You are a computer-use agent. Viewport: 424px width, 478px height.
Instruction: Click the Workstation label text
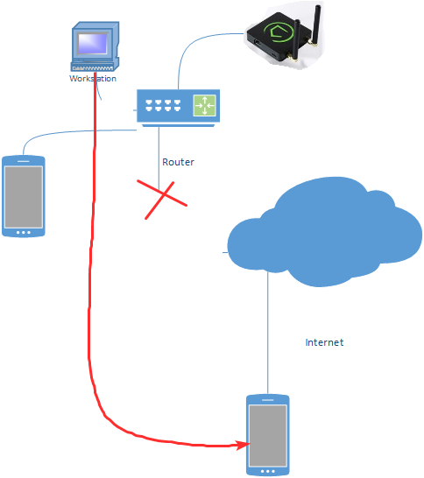(93, 79)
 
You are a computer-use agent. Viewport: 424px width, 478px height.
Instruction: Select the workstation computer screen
(93, 43)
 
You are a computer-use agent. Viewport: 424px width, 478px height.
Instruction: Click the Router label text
(178, 162)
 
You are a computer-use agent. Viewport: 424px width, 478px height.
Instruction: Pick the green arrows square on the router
(205, 105)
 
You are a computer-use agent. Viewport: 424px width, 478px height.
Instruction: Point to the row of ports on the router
(163, 105)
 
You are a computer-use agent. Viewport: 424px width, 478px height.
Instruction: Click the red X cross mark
(162, 199)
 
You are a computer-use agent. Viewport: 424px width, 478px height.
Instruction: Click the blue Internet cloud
(324, 232)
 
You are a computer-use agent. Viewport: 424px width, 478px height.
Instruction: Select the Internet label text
(324, 342)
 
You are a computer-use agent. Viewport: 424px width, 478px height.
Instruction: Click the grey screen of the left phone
(24, 197)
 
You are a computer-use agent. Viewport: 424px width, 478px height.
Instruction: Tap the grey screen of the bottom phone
(268, 436)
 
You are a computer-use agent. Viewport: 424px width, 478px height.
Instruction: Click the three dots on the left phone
(24, 233)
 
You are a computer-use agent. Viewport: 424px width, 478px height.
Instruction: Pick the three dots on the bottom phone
(268, 471)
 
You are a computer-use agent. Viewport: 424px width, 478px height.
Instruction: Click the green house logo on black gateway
(279, 32)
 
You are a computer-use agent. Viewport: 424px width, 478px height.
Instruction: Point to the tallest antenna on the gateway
(315, 24)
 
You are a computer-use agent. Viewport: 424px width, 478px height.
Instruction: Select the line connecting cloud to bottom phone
(268, 333)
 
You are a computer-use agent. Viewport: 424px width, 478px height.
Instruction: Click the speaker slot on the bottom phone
(268, 400)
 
